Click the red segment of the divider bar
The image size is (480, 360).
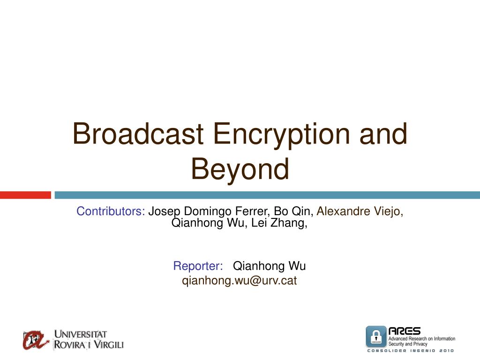[x=25, y=195]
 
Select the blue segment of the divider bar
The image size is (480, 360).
[x=267, y=195]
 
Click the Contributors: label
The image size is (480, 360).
[x=111, y=211]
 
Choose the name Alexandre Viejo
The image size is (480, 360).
[x=360, y=211]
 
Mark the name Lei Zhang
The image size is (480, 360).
[x=279, y=223]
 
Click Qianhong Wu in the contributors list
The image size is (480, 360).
[x=207, y=223]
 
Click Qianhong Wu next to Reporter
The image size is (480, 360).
[x=270, y=266]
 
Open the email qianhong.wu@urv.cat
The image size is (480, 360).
[x=240, y=281]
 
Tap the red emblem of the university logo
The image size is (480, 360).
[x=36, y=339]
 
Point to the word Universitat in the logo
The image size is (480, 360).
[x=81, y=334]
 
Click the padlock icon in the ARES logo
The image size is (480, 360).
[x=376, y=337]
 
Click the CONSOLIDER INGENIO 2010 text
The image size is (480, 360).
[x=411, y=351]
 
